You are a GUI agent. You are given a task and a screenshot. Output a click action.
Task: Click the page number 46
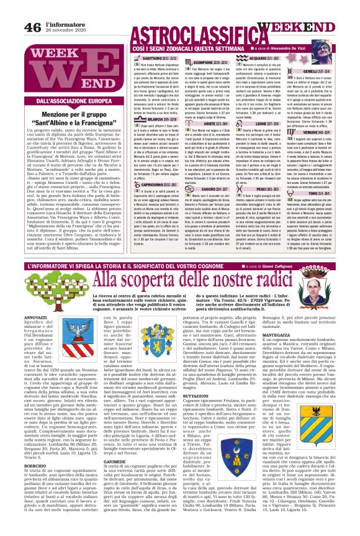pyautogui.click(x=14, y=9)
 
